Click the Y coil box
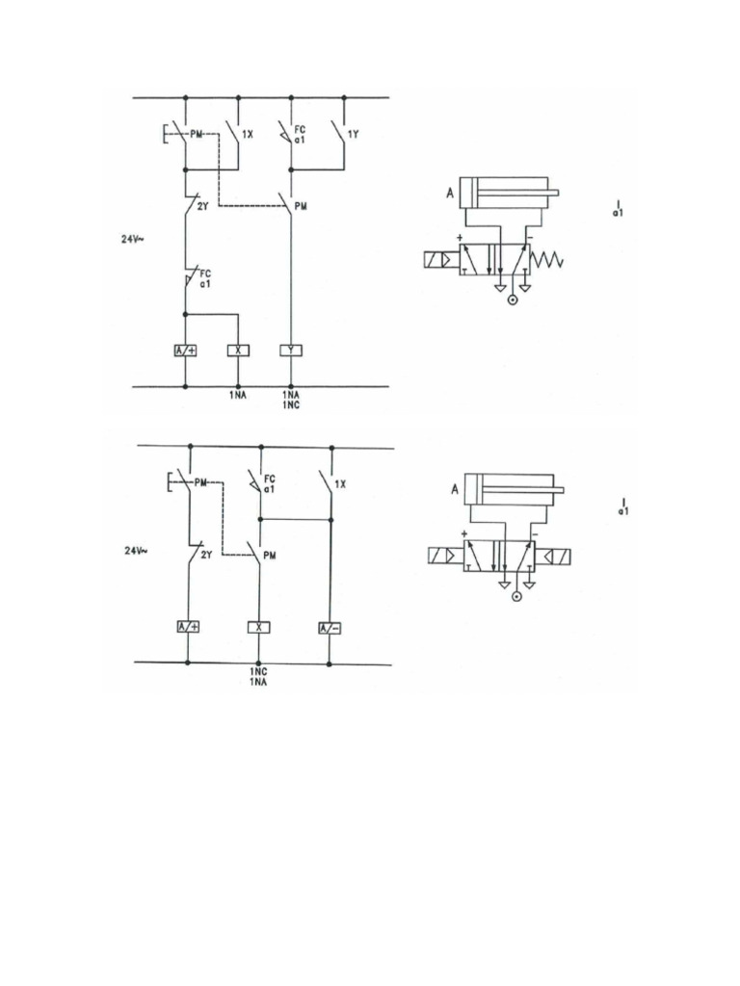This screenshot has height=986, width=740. click(291, 350)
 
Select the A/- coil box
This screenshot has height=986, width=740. click(330, 628)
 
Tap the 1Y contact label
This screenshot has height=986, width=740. click(353, 136)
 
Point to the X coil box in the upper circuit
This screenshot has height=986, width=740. click(238, 350)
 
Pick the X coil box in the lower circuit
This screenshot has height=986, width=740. click(259, 628)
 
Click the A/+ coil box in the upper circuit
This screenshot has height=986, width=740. click(185, 350)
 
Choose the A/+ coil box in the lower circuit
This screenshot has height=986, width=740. click(189, 628)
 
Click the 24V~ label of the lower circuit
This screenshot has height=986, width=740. click(136, 551)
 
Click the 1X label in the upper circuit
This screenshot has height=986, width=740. click(248, 136)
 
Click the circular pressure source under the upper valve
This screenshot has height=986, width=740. click(512, 300)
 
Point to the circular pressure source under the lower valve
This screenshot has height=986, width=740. click(516, 597)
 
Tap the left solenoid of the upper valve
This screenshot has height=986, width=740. click(441, 259)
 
